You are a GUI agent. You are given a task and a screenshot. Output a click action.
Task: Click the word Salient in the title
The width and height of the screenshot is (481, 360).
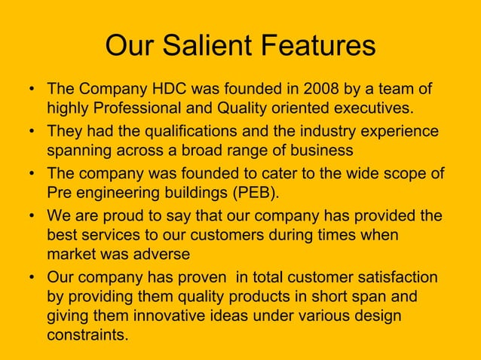click(x=206, y=46)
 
